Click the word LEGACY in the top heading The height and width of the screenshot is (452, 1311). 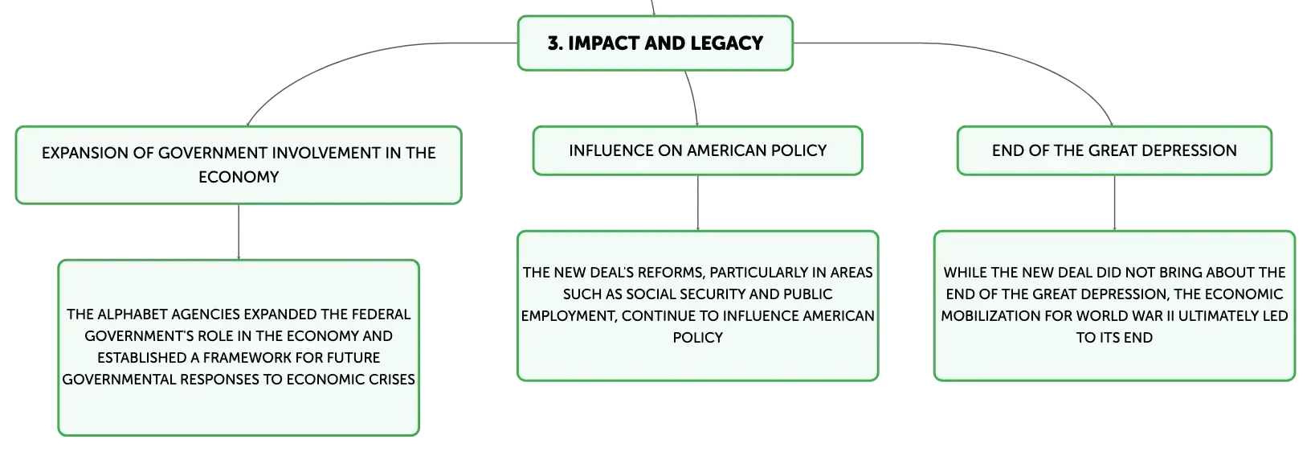tap(726, 43)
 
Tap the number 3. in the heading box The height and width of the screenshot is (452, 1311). tap(554, 43)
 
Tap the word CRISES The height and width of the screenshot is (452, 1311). tap(391, 380)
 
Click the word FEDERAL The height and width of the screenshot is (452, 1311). tap(381, 314)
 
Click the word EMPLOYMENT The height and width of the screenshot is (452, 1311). tap(568, 316)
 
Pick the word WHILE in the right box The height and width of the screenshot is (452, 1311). tap(962, 273)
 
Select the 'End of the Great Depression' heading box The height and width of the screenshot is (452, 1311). tap(1114, 150)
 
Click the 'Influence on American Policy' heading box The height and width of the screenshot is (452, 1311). tap(697, 150)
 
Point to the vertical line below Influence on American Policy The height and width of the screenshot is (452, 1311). tap(697, 203)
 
